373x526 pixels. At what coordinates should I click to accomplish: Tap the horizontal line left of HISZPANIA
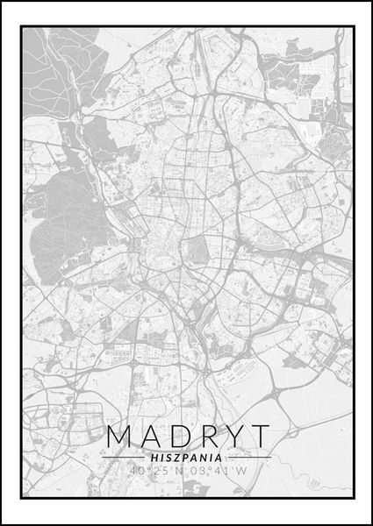[124, 457]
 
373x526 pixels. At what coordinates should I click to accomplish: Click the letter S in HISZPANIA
[165, 457]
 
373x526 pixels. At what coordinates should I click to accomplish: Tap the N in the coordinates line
[181, 471]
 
